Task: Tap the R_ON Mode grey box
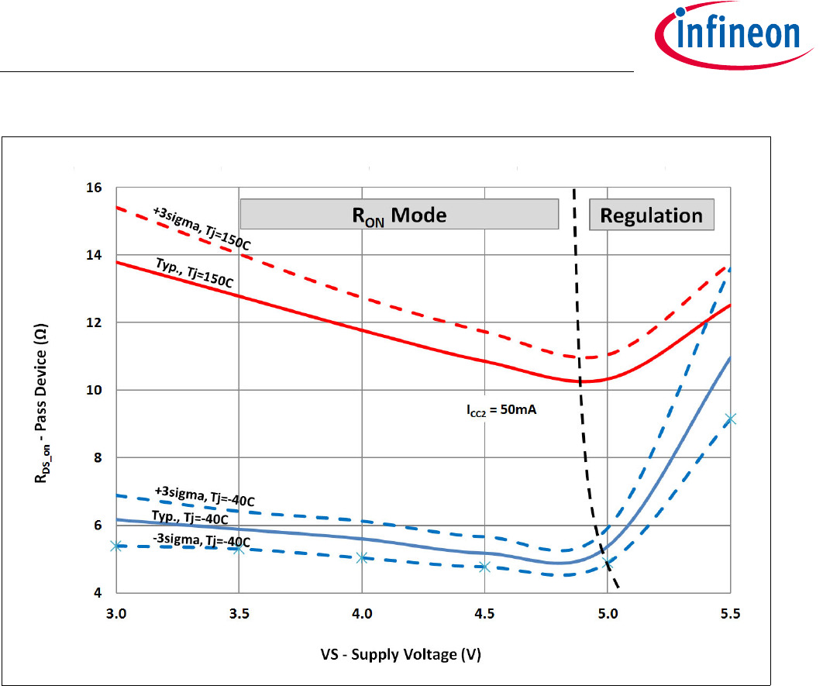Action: pos(400,214)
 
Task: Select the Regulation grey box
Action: pos(651,215)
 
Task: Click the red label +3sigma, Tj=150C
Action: pos(202,226)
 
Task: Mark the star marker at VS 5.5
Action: pos(729,419)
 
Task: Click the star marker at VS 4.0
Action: pos(362,557)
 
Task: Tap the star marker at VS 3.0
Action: pos(117,546)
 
